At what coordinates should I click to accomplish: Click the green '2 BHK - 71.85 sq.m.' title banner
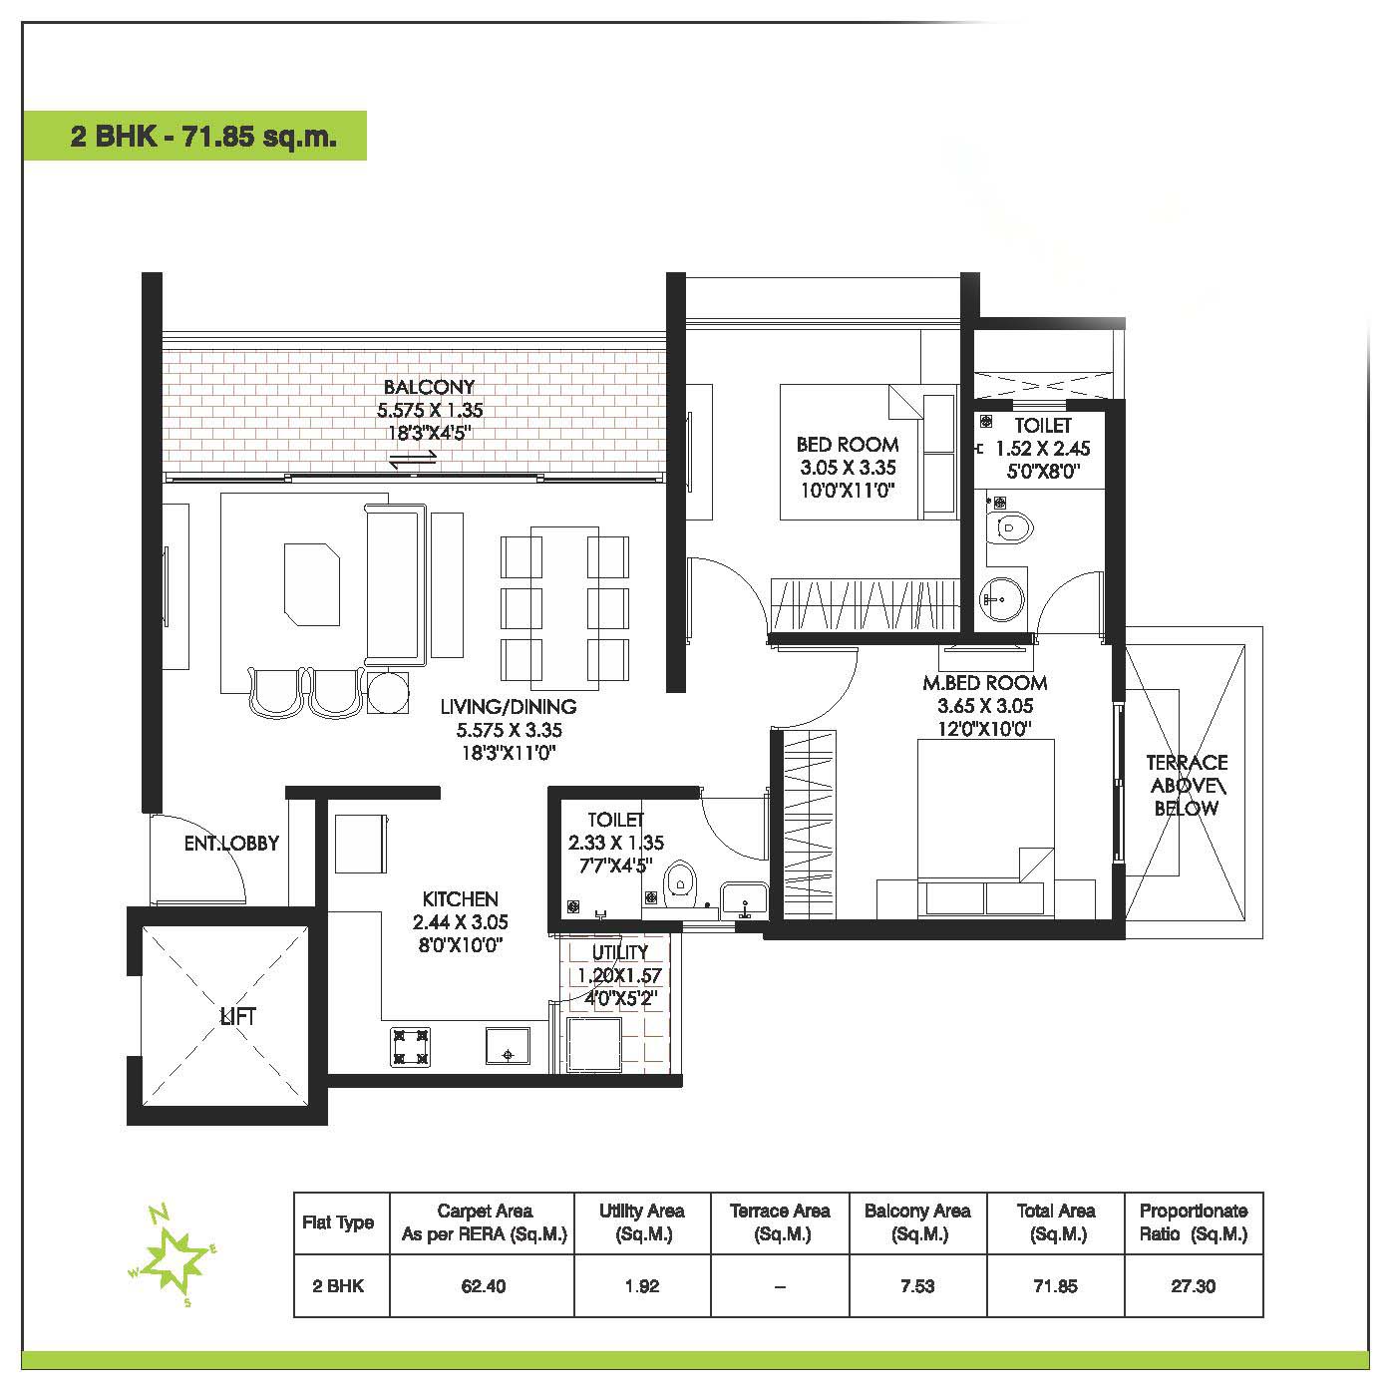point(194,136)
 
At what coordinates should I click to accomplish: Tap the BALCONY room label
point(429,387)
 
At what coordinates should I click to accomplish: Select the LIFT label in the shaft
point(237,1017)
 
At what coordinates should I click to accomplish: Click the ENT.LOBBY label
point(231,844)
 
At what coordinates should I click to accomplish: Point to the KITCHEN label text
point(460,899)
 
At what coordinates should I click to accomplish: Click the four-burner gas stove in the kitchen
point(410,1047)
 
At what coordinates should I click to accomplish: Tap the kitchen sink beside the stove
point(508,1046)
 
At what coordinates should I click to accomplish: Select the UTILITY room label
point(620,953)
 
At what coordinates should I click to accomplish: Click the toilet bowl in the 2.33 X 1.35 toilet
point(678,881)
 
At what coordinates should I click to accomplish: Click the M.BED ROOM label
point(984,683)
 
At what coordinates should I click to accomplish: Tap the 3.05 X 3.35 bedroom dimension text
point(848,467)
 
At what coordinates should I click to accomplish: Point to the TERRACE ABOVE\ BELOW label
point(1187,786)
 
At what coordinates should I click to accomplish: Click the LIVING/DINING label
point(509,707)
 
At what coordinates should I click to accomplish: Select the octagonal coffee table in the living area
point(312,584)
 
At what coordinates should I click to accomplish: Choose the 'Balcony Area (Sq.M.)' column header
point(917,1222)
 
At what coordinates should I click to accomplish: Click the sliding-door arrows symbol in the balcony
point(413,459)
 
